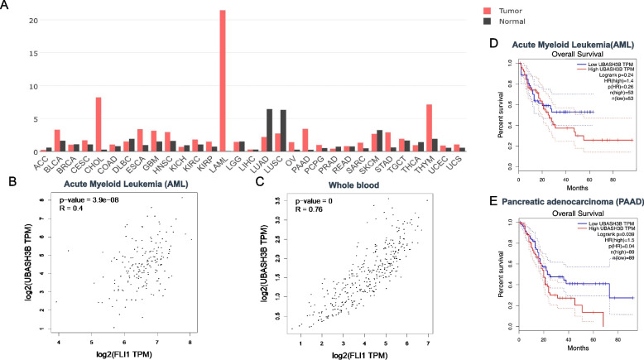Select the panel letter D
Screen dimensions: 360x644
494,40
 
